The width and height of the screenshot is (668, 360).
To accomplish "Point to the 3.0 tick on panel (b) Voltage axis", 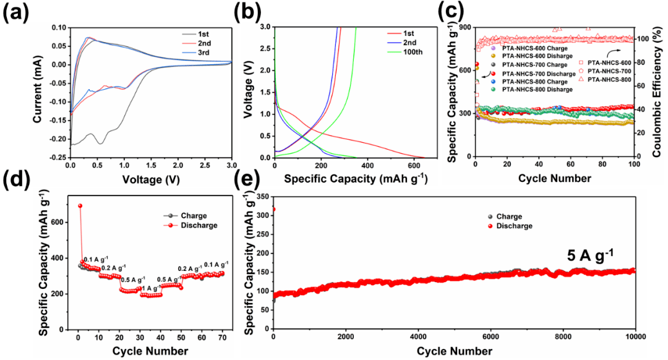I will click(x=263, y=27).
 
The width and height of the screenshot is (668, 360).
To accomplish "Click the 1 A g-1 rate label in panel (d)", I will click(x=150, y=288).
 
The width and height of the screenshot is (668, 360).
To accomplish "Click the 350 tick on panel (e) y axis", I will click(x=262, y=196).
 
